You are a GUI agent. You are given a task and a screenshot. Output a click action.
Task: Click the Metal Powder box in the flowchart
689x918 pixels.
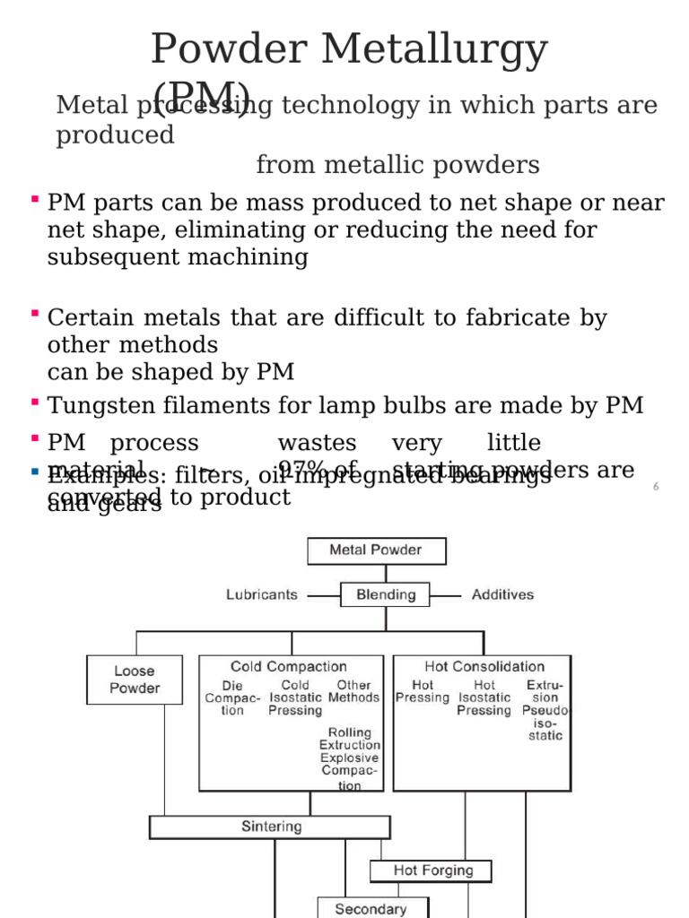coord(376,550)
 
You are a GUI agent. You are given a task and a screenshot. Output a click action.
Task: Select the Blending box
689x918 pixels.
coord(386,594)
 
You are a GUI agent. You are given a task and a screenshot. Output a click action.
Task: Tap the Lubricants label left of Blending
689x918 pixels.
coord(262,594)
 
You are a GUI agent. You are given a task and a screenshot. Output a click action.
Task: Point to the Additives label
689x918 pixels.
coord(502,594)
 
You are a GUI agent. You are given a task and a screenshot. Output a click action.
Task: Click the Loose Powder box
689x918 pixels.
coord(135,680)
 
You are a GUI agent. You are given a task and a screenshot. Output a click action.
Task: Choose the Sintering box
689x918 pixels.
coord(270,827)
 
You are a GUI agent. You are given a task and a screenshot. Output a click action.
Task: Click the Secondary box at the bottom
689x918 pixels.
coord(371,908)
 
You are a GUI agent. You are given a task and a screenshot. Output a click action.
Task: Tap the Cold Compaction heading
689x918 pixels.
coord(289,666)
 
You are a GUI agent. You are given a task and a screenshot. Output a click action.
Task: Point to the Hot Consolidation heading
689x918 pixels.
coord(484,666)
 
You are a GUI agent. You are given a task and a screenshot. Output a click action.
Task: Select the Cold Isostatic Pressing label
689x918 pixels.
coord(295,697)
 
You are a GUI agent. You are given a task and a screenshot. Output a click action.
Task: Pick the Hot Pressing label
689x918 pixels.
coord(422,691)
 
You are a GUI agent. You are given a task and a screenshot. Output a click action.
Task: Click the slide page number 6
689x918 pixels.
coord(656,486)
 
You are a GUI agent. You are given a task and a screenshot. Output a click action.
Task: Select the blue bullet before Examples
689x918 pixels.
coord(34,471)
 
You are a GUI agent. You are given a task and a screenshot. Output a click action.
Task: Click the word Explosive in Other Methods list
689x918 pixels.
coord(350,758)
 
